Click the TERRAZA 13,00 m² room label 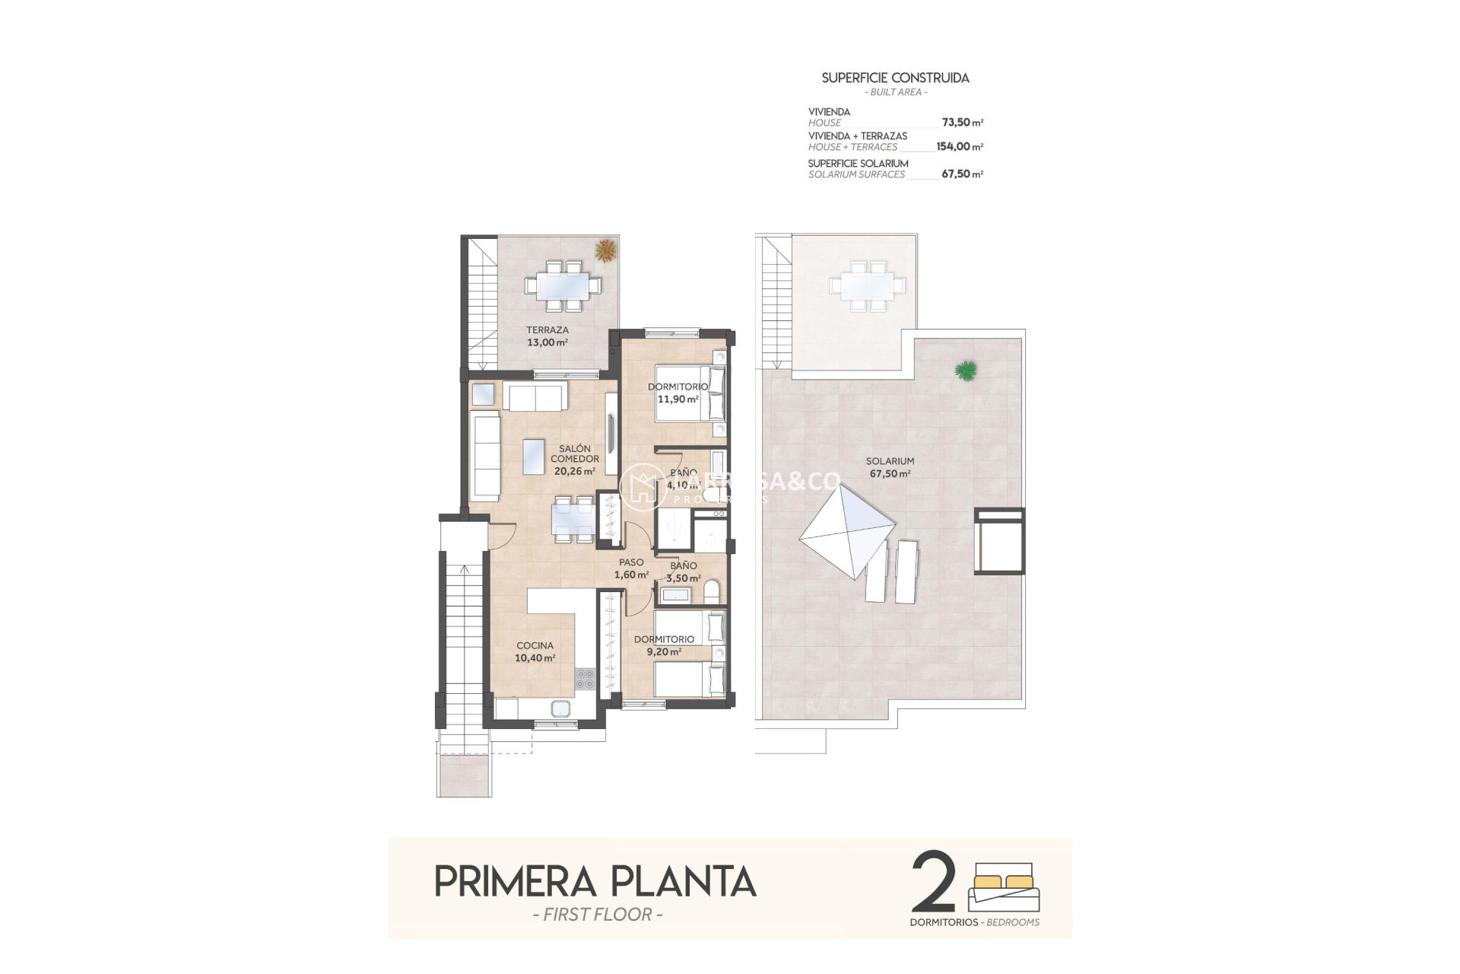547,336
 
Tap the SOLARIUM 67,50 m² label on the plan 890,467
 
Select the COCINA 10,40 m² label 535,652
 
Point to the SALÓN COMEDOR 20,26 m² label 575,460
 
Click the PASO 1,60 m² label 631,568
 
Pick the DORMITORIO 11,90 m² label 678,393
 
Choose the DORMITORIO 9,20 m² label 664,645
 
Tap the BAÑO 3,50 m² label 683,571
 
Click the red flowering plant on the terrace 605,250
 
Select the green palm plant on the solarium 966,371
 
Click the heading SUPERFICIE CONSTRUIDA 895,78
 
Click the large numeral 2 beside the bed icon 933,883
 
